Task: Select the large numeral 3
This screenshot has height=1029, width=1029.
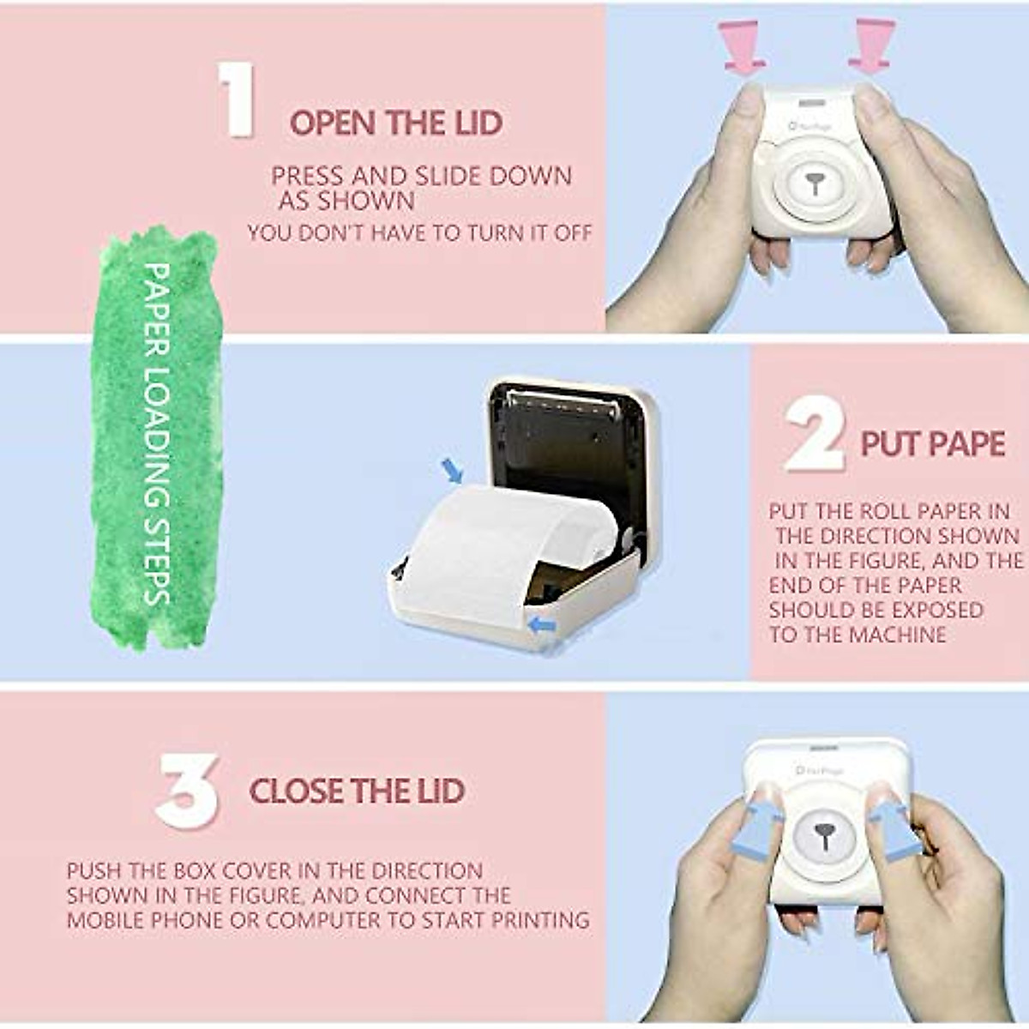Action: click(186, 790)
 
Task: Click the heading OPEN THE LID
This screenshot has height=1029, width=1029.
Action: click(395, 123)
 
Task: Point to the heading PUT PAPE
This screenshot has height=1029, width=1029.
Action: click(932, 444)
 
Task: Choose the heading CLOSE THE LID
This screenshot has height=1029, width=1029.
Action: click(357, 791)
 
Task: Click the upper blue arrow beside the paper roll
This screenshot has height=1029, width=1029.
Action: click(452, 469)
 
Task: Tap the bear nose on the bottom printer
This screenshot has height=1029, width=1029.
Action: click(824, 833)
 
